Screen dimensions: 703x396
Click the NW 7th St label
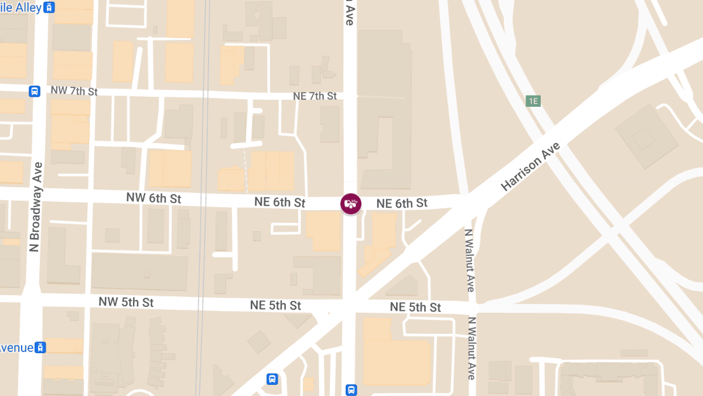[x=74, y=91]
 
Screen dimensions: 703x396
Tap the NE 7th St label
[x=315, y=96]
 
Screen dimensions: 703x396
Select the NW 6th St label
[x=153, y=198]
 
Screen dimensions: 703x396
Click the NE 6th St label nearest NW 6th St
[x=280, y=202]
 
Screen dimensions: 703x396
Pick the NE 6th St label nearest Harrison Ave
[x=402, y=204]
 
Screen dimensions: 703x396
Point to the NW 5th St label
[x=126, y=302]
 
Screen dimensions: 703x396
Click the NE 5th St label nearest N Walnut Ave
[x=415, y=307]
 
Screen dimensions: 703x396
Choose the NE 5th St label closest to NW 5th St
[x=275, y=306]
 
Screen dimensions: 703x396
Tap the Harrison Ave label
[x=531, y=167]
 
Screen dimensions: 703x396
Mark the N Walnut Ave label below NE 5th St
[x=471, y=348]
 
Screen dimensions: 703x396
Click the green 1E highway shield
[x=533, y=101]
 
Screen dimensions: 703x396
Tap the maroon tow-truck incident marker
[x=351, y=204]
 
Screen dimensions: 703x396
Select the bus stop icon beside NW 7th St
[x=35, y=91]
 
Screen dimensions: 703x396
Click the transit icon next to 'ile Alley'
[x=50, y=8]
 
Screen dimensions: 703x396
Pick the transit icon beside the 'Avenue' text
[x=40, y=347]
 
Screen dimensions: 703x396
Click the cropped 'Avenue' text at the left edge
[x=16, y=347]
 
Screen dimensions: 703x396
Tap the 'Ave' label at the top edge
[x=349, y=14]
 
